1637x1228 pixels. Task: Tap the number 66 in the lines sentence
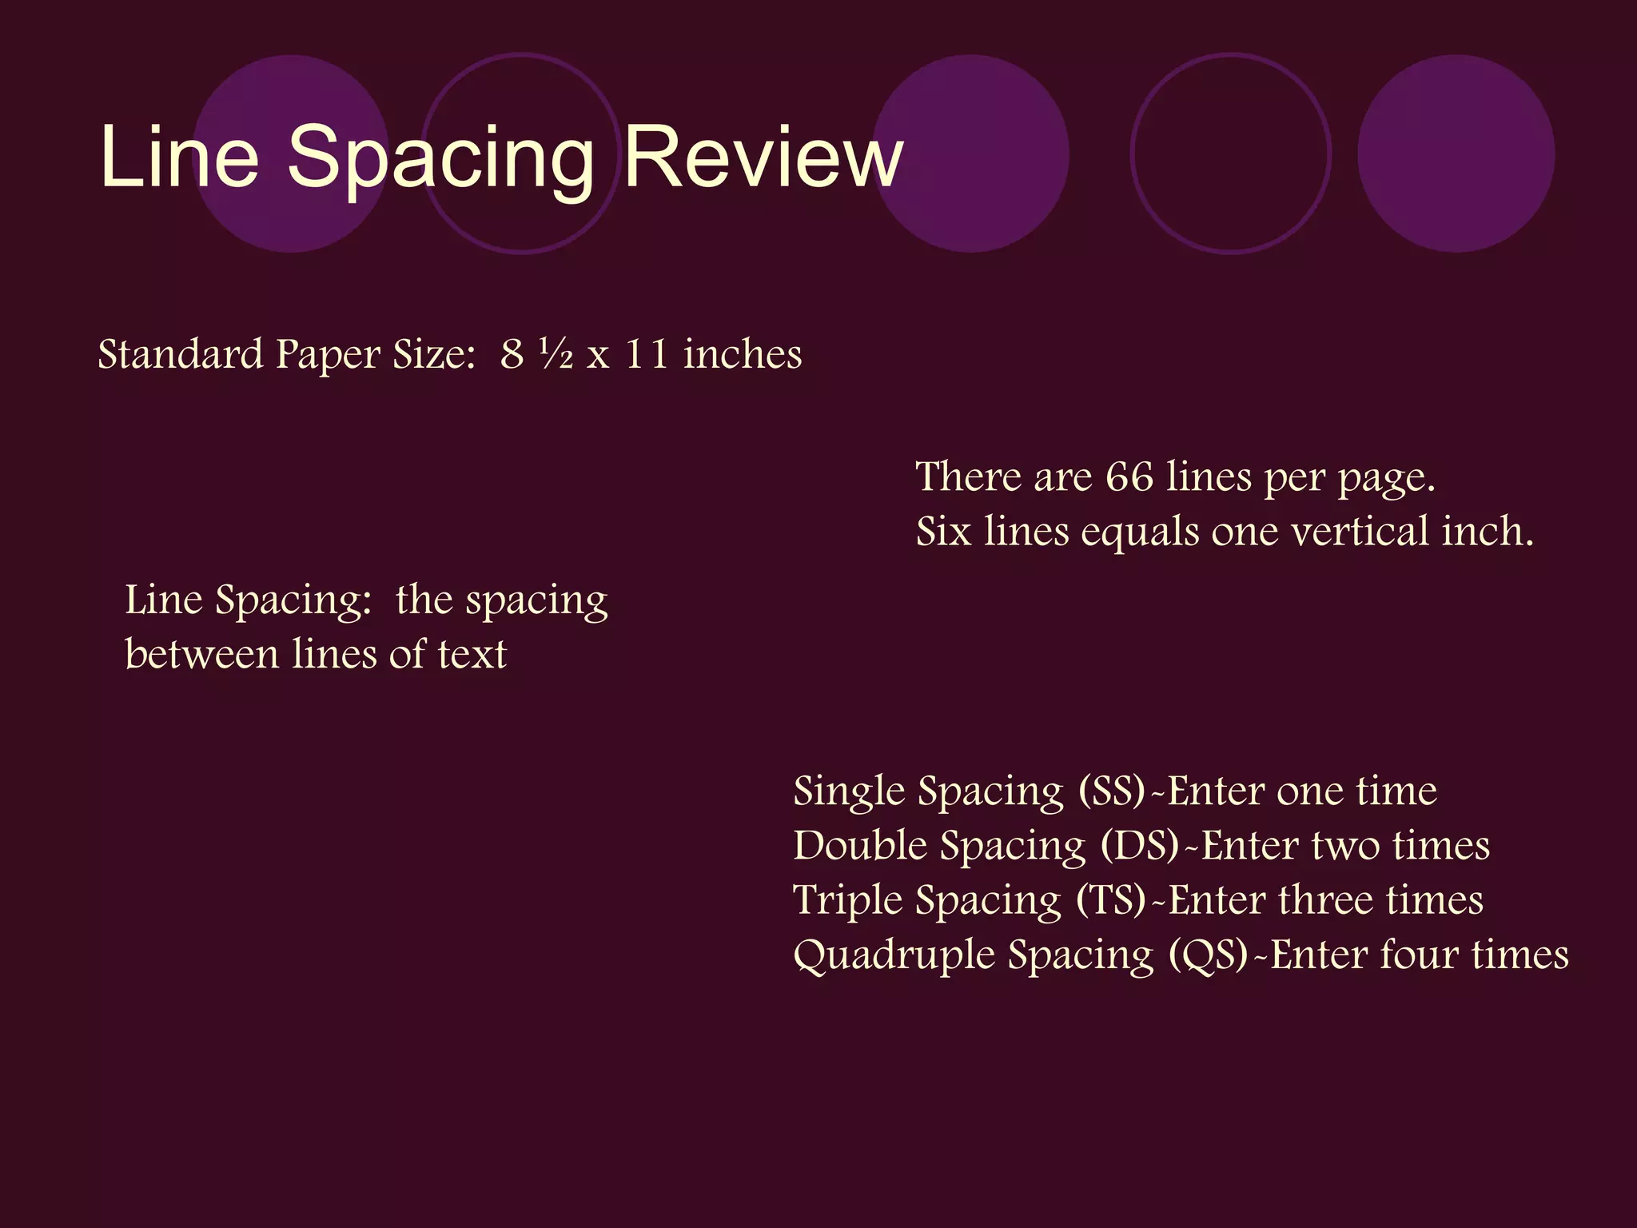1129,477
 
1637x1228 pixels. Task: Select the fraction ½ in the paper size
556,353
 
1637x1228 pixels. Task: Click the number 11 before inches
647,353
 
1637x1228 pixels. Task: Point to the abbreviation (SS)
1112,791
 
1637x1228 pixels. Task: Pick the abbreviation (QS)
1208,955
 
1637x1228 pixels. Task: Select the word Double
860,846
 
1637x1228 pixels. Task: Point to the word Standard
181,354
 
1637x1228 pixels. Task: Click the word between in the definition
201,654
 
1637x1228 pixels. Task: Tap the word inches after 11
743,354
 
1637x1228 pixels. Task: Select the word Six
943,532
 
